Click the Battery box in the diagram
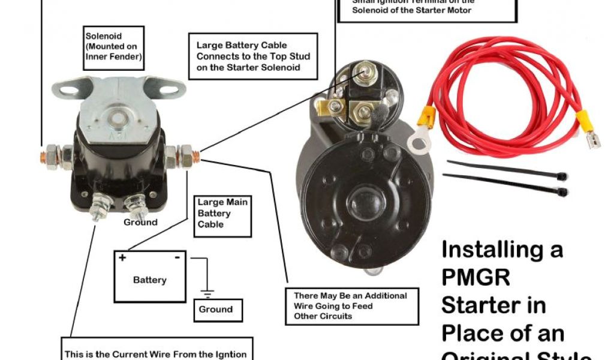click(151, 276)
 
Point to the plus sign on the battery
click(122, 258)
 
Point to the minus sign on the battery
click(177, 258)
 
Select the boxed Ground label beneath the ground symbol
click(218, 310)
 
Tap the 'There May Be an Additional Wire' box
click(350, 305)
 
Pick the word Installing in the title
click(502, 249)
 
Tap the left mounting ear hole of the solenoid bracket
click(68, 89)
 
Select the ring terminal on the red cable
click(419, 141)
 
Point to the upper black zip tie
click(507, 169)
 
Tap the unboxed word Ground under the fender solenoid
click(140, 222)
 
